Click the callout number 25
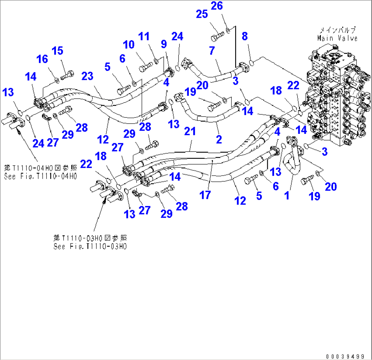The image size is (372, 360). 202,14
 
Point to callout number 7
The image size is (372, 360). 212,51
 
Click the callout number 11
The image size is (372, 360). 144,36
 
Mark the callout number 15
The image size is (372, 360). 57,51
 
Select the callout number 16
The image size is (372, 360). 43,59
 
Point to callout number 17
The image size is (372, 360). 205,195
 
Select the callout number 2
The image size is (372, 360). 219,139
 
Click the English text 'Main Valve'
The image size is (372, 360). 337,38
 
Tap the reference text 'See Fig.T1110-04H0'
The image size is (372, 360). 40,176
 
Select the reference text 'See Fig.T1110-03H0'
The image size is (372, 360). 90,246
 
